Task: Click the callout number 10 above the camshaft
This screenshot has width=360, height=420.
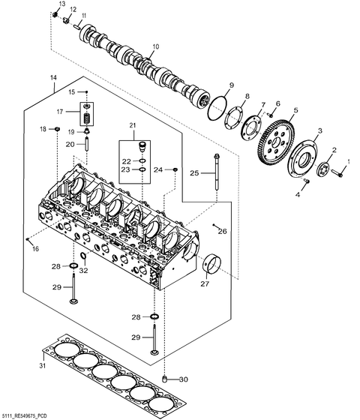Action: tap(155, 46)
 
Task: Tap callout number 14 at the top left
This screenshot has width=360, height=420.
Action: tap(53, 78)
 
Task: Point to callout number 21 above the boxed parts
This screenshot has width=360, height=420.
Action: tap(133, 124)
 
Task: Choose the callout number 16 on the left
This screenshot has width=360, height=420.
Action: tap(34, 249)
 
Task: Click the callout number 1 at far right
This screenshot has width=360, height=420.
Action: tap(347, 161)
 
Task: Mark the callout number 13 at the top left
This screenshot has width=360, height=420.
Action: tap(61, 4)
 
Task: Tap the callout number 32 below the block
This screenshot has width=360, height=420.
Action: tap(84, 270)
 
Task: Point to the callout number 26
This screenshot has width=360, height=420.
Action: tap(222, 231)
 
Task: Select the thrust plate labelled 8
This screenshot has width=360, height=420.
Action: tap(238, 120)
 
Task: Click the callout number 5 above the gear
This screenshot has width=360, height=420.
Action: tap(295, 110)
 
